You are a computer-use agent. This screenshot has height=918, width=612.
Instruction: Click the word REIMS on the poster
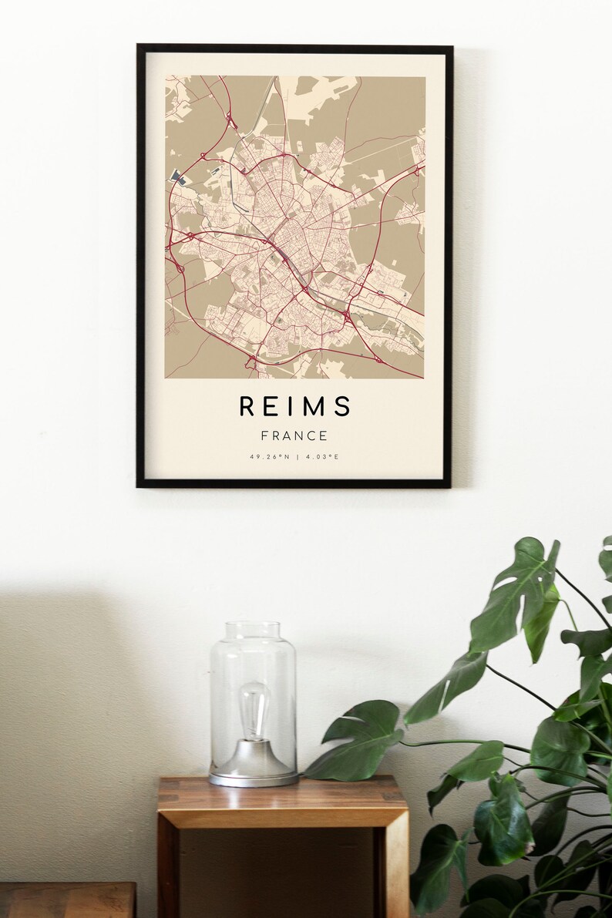pos(294,406)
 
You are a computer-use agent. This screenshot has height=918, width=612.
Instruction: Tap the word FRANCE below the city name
pos(294,436)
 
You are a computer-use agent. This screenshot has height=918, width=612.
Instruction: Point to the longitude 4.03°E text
pos(322,457)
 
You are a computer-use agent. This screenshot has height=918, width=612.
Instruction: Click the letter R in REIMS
pos(246,406)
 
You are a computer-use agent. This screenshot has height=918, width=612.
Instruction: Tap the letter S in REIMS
pos(344,406)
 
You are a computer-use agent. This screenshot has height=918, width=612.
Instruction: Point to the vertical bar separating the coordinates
pos(297,457)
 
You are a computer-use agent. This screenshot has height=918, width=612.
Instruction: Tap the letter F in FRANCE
pos(264,436)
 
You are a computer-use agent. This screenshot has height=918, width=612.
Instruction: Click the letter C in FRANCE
pos(312,436)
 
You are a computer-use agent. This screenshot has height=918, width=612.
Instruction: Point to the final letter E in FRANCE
pos(324,436)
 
